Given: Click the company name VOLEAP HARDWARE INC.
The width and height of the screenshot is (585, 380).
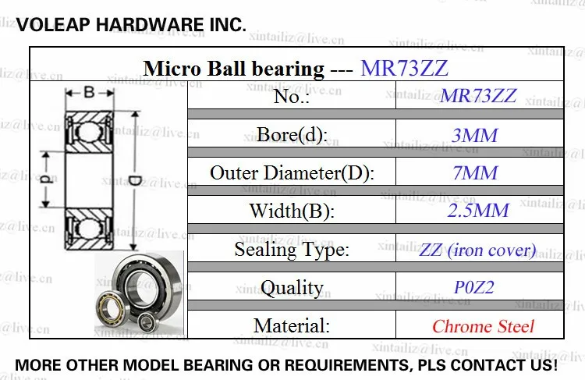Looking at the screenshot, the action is [x=131, y=25].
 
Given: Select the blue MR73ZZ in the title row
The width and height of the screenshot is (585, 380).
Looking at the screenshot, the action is [x=404, y=69].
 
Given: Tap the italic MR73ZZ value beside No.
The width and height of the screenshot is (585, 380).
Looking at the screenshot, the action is [x=478, y=95].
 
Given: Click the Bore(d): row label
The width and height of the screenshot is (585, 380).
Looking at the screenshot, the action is [x=292, y=134].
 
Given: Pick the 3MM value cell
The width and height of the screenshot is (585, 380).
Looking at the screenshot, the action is [x=474, y=135].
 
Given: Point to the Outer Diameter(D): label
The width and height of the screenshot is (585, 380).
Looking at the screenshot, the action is [x=292, y=172].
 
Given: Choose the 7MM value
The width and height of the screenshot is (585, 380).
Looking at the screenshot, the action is [x=475, y=172].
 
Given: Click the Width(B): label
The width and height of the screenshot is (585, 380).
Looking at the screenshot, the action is [x=292, y=211].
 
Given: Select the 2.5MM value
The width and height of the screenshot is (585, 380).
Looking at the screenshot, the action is [x=478, y=211].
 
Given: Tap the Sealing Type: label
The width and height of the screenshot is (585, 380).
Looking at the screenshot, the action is [x=292, y=250].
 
